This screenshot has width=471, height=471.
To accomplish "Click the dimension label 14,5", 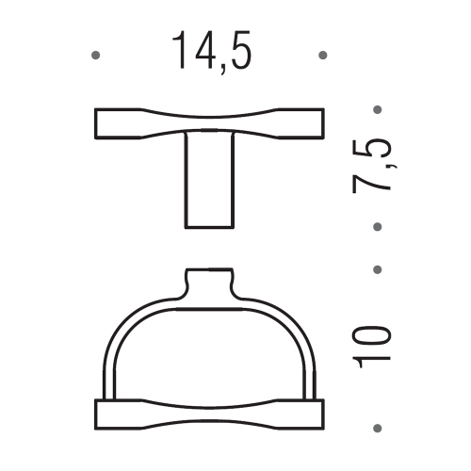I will click(212, 53).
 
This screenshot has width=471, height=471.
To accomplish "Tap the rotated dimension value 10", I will click(376, 347).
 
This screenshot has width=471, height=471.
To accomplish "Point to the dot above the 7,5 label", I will click(378, 109).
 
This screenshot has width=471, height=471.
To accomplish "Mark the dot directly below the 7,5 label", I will click(378, 227).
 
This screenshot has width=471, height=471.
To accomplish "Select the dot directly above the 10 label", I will click(378, 269).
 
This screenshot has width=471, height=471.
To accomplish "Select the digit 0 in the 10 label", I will click(376, 334).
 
